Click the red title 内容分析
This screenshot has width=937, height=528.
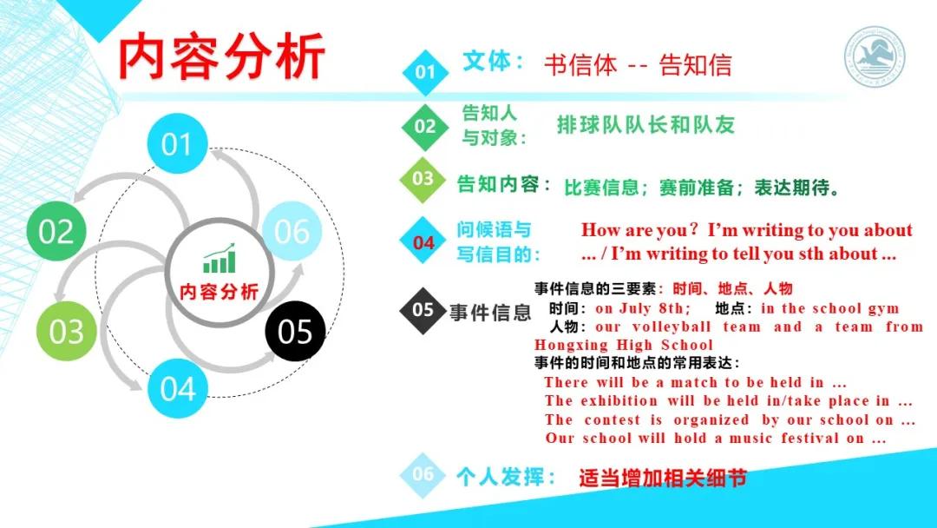coord(221,56)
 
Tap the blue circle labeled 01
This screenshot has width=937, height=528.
coord(177,143)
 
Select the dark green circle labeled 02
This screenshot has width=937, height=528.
coord(56,232)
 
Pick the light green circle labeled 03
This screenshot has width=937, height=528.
coord(66,332)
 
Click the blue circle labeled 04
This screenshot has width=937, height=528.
coord(177,388)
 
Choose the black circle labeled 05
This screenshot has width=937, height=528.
coord(295,332)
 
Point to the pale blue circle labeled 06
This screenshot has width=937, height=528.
coord(292,231)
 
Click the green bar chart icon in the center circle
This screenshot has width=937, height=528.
coord(219,260)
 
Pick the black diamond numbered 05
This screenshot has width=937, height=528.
coord(423,310)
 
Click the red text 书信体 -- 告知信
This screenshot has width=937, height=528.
coord(638,65)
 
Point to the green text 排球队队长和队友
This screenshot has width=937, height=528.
coord(645,125)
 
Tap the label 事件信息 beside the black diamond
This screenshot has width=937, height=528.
coord(489,313)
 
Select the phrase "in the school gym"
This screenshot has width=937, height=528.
coord(829,308)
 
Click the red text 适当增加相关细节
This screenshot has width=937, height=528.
coord(663,478)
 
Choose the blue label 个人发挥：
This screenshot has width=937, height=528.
coord(507,476)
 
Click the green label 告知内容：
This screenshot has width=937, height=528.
coord(504,184)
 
